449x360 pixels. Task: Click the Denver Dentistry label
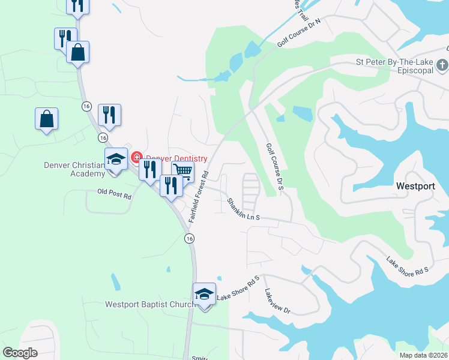tap(175, 158)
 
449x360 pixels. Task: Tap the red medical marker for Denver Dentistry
tap(136, 158)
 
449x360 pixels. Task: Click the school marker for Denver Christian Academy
tap(116, 160)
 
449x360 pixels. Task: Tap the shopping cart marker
tap(182, 172)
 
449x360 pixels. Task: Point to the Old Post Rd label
tap(114, 193)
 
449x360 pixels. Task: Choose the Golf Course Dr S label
tap(274, 167)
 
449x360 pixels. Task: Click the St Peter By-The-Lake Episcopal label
tap(394, 66)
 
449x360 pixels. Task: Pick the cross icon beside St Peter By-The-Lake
tap(442, 65)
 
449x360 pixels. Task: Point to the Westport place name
tap(415, 186)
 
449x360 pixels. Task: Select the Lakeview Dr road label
tap(277, 302)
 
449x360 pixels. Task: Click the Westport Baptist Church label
tap(149, 304)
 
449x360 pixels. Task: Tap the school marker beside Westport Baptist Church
tap(204, 295)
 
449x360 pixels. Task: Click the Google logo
tap(20, 353)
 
